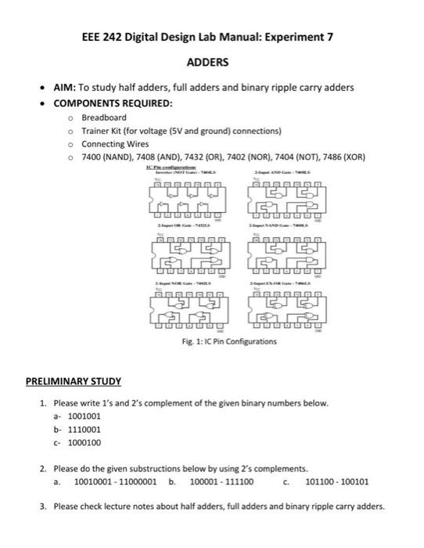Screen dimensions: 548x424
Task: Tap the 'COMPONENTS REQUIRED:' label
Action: tap(113, 103)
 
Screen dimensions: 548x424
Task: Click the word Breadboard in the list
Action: tap(103, 117)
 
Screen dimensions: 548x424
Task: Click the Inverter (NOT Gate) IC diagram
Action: tap(187, 199)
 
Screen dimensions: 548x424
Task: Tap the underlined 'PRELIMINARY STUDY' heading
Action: tap(74, 381)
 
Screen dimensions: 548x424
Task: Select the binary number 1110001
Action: tap(84, 430)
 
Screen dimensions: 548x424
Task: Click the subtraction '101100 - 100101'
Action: tap(337, 482)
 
